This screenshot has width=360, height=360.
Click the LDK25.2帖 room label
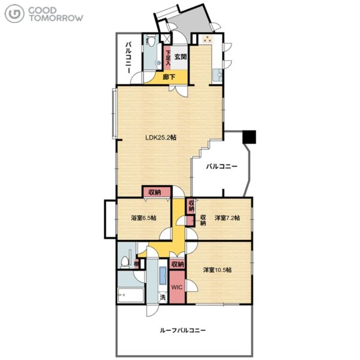pyautogui.click(x=161, y=137)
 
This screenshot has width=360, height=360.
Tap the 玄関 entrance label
pyautogui.click(x=181, y=57)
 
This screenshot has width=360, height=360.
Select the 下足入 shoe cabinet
pyautogui.click(x=168, y=58)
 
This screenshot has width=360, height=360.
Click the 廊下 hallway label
pyautogui.click(x=169, y=77)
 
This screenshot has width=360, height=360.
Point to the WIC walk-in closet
pyautogui.click(x=177, y=287)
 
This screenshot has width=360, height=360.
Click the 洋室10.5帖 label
pyautogui.click(x=217, y=270)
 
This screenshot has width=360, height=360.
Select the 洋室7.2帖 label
pyautogui.click(x=227, y=217)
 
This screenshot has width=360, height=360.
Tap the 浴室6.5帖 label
pyautogui.click(x=144, y=218)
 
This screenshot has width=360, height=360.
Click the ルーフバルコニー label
pyautogui.click(x=183, y=331)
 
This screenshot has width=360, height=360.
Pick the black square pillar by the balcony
pyautogui.click(x=250, y=137)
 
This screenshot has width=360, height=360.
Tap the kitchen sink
pyautogui.click(x=217, y=75)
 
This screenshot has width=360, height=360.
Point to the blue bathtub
pyautogui.click(x=163, y=275)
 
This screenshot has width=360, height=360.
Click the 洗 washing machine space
pyautogui.click(x=163, y=298)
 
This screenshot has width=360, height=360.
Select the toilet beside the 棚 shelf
pyautogui.click(x=125, y=262)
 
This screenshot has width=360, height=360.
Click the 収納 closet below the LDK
pyautogui.click(x=157, y=192)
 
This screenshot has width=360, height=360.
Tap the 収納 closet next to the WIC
pyautogui.click(x=178, y=265)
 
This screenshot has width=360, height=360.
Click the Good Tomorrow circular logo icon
pyautogui.click(x=14, y=14)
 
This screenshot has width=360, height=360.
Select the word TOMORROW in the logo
pyautogui.click(x=56, y=18)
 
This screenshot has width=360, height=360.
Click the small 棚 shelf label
pyautogui.click(x=137, y=264)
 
